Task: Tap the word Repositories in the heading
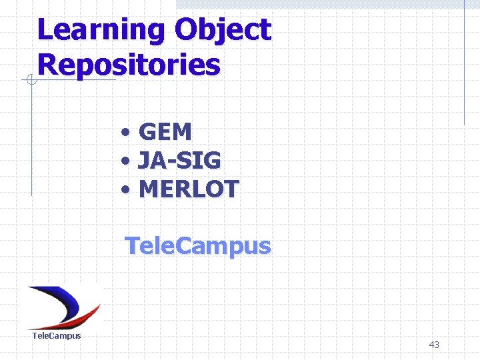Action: [x=129, y=65]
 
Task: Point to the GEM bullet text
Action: [x=165, y=132]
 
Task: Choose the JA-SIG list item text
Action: [x=179, y=161]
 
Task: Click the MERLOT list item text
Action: [x=188, y=189]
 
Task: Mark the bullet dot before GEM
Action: [x=126, y=133]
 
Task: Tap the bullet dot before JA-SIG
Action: [x=126, y=161]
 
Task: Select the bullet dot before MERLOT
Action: [x=126, y=190]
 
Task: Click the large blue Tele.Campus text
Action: [x=198, y=246]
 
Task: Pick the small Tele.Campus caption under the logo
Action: [x=57, y=336]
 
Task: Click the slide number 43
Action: [x=434, y=345]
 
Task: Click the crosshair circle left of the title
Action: [x=31, y=81]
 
